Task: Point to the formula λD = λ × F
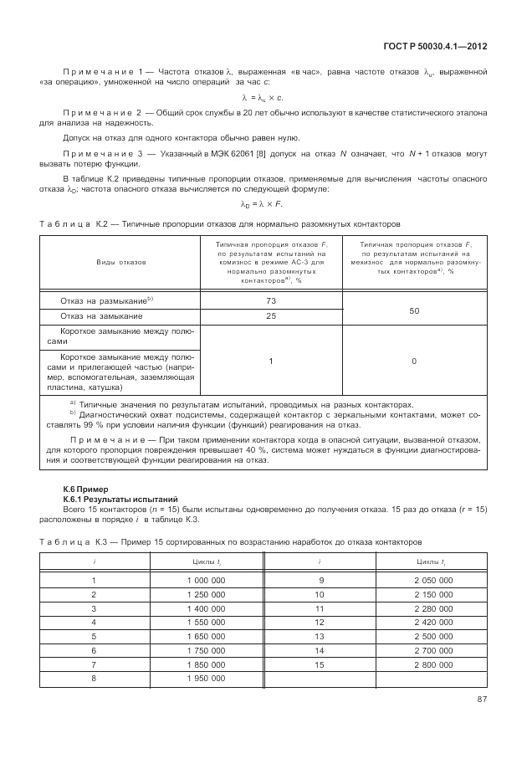263,203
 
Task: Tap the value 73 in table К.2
271,300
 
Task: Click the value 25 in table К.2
271,316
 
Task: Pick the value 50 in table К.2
414,309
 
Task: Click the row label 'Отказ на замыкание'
101,316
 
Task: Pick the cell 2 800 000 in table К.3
431,663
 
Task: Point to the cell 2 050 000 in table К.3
431,580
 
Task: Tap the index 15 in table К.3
319,663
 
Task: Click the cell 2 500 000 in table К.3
431,635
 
